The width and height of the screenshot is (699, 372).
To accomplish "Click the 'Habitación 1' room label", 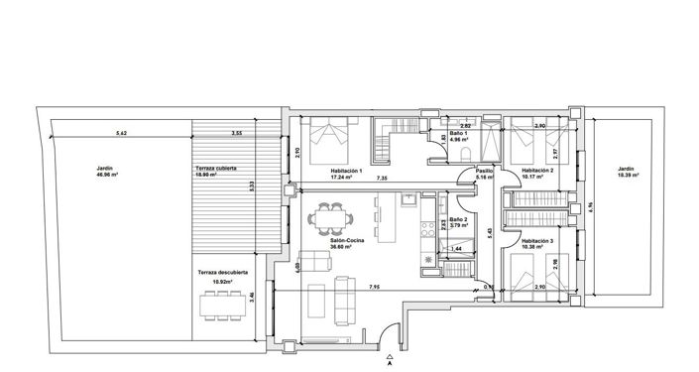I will coord(347,171).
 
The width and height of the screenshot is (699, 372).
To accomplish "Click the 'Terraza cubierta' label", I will coord(217,170).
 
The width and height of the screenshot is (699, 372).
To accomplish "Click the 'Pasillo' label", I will coord(484,171).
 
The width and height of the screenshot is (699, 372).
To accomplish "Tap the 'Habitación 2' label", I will coord(536,171).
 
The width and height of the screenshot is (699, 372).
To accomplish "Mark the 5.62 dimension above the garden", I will coord(121,132).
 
